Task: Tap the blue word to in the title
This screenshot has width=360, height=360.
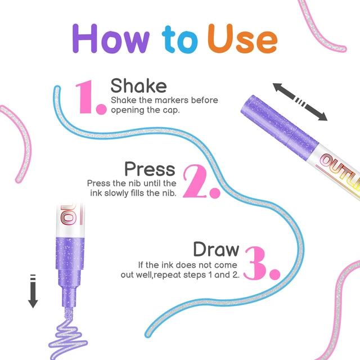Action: [x=180, y=39]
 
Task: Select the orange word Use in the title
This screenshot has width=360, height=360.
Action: [x=242, y=38]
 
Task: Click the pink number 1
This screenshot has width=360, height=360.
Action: [x=91, y=97]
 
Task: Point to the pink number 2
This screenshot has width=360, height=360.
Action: [x=201, y=181]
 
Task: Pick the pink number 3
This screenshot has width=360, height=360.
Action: [x=262, y=263]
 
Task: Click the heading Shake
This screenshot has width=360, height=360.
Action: [x=139, y=85]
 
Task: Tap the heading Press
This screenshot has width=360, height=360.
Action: [x=150, y=169]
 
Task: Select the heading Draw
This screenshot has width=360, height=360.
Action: [x=216, y=249]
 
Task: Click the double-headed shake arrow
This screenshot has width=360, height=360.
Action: [x=300, y=102]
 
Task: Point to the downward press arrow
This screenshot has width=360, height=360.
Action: [x=33, y=291]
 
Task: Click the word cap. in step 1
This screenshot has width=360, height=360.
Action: [x=171, y=110]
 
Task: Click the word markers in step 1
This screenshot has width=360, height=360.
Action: [x=172, y=100]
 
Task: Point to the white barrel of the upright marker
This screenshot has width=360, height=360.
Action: [x=70, y=220]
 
